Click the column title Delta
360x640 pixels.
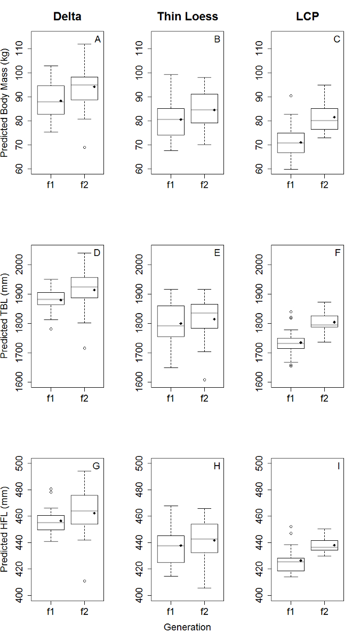67,17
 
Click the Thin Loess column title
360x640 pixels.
187,17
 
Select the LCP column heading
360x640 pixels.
307,17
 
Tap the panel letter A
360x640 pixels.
97,39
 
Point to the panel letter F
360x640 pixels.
337,252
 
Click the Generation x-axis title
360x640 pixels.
187,627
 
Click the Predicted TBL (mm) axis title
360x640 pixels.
5,316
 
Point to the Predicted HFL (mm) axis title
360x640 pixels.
5,530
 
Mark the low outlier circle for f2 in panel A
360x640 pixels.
84,147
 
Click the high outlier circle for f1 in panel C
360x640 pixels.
291,96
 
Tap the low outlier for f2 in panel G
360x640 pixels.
84,581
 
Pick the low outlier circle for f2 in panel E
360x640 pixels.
204,380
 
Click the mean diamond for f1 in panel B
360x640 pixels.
181,119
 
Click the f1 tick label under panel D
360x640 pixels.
51,397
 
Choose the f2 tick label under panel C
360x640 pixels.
324,185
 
